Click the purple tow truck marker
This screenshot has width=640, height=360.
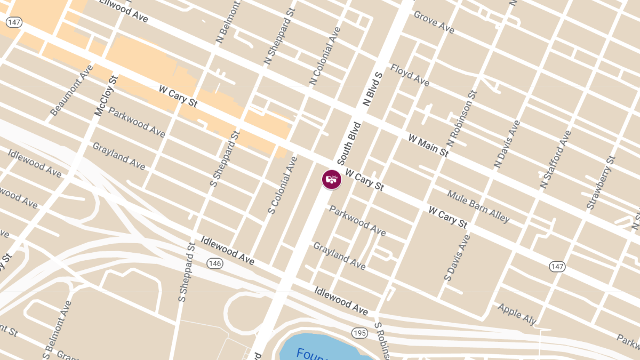331,179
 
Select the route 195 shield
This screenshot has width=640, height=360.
359,333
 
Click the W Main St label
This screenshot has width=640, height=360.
428,146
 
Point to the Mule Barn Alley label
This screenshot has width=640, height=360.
478,206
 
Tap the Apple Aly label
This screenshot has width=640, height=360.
516,314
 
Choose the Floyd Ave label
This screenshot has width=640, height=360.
410,75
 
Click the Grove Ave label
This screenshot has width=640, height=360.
434,22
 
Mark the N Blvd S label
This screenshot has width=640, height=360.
373,88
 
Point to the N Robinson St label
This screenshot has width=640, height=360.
461,119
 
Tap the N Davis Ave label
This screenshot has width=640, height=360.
507,144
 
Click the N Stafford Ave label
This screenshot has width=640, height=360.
555,159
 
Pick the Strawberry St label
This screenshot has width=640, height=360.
601,182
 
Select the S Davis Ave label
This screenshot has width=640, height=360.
458,258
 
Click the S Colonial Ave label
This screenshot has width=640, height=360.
283,185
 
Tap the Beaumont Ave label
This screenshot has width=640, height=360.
71,90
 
